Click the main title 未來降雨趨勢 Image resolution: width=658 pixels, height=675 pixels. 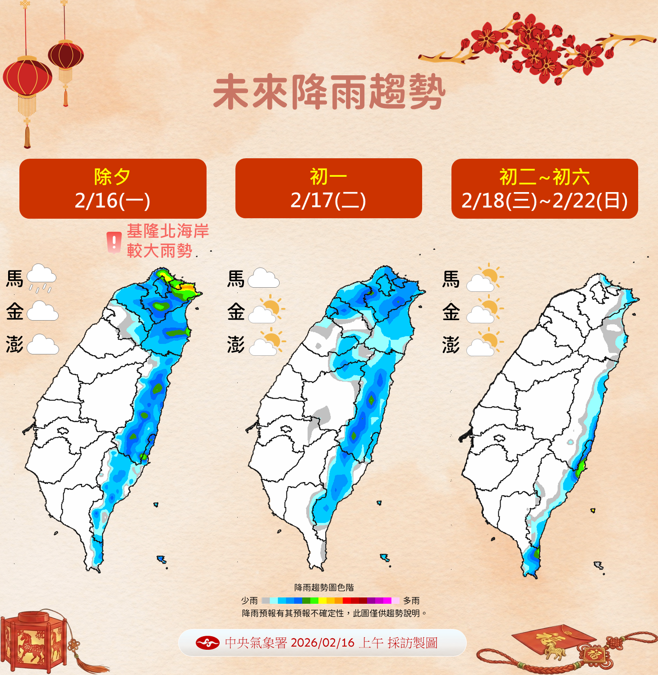point(329,93)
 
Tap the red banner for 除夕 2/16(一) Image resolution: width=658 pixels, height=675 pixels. point(113,188)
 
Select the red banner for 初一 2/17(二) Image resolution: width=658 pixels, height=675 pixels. point(328,188)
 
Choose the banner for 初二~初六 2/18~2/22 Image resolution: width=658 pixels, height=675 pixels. point(544,188)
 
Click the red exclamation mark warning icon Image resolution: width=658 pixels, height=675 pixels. point(114,242)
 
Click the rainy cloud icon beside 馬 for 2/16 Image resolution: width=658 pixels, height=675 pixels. point(41,277)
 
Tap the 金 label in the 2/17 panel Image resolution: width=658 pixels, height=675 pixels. point(236,312)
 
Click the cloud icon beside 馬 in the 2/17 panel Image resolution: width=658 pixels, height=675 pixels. point(263,278)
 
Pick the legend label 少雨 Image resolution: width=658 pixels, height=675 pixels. point(249,601)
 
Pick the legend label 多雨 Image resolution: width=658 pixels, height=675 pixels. point(411,601)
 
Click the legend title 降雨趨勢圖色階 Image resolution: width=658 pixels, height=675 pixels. point(324,588)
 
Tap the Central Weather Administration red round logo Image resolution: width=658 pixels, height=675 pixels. point(207,643)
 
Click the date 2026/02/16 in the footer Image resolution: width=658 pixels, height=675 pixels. point(322,643)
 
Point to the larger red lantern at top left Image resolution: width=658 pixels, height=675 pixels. point(28,77)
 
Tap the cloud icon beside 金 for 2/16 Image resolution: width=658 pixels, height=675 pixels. point(42,311)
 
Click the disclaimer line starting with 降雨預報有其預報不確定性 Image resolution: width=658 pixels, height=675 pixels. point(334,613)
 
